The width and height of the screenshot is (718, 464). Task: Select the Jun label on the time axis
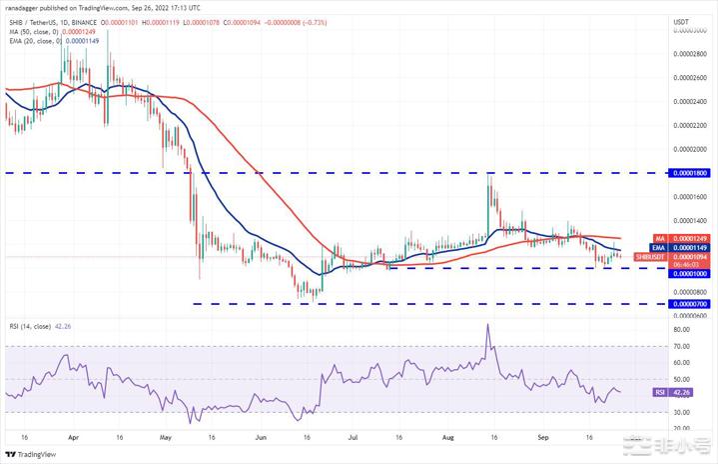tap(261, 437)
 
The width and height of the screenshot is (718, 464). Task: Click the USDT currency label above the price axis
tap(682, 21)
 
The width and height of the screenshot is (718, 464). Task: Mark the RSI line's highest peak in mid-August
tap(487, 324)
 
